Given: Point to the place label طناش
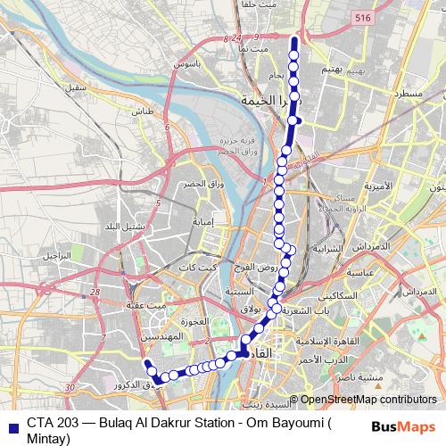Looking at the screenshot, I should [x=143, y=112].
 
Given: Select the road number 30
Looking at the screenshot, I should [x=70, y=386].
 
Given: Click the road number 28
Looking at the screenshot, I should [x=105, y=291].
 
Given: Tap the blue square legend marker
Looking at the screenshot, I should [x=9, y=426].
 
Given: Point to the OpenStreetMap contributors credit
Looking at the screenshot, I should [x=368, y=401].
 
